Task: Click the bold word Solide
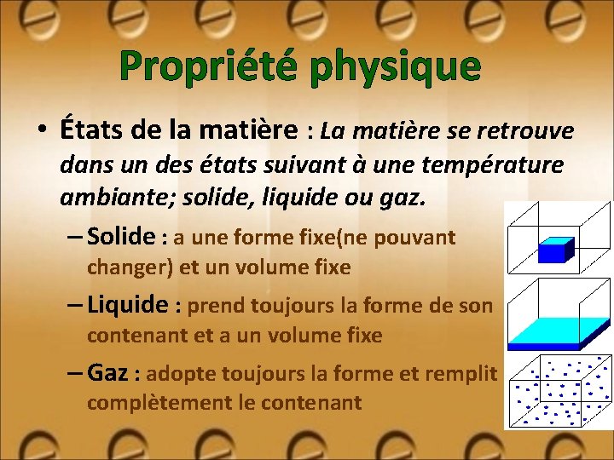(x=121, y=236)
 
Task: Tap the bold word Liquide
(x=128, y=304)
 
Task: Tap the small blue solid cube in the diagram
(x=555, y=250)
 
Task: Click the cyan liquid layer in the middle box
(x=559, y=332)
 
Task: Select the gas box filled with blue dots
(x=559, y=393)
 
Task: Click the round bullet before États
(x=40, y=132)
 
